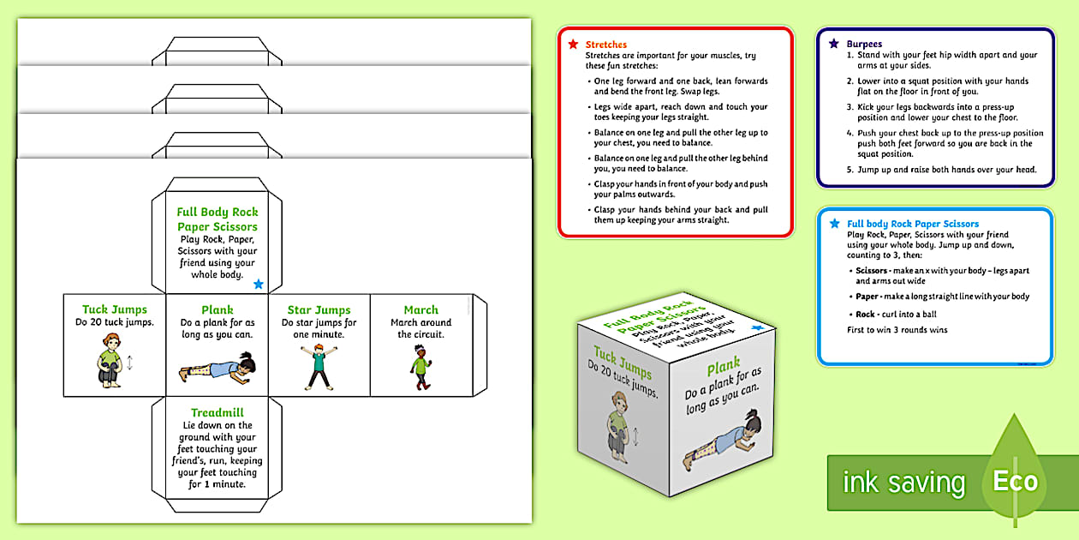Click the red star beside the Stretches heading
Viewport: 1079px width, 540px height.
[x=573, y=44]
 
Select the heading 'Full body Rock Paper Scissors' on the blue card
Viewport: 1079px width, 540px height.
[x=913, y=224]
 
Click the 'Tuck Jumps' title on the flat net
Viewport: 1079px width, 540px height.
[x=115, y=309]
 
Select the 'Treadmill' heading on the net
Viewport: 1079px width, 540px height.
[x=217, y=412]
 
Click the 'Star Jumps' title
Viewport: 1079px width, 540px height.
[x=319, y=309]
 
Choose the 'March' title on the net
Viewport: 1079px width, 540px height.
[x=420, y=309]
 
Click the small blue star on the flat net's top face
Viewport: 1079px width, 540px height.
[x=259, y=284]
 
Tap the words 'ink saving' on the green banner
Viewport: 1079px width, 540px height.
[x=903, y=483]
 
